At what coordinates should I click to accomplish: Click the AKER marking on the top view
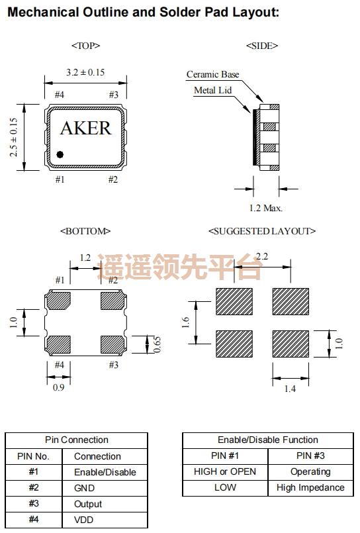(x=85, y=128)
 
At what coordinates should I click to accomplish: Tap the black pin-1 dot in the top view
(x=60, y=154)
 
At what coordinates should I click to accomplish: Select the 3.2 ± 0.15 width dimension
(x=85, y=72)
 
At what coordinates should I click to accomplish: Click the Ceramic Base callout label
(x=212, y=74)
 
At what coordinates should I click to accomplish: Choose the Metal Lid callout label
(x=212, y=90)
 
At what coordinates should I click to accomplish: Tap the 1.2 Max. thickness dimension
(x=265, y=208)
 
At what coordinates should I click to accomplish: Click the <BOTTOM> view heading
(x=85, y=231)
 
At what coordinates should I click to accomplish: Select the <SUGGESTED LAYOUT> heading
(x=262, y=231)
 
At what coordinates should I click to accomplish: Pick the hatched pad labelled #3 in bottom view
(x=111, y=344)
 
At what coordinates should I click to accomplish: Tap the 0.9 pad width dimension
(x=59, y=387)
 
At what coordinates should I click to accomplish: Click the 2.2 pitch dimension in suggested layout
(x=262, y=257)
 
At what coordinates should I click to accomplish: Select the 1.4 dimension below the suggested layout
(x=290, y=389)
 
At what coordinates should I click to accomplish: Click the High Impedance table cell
(x=310, y=488)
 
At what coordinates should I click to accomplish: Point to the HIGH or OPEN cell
(x=225, y=472)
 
